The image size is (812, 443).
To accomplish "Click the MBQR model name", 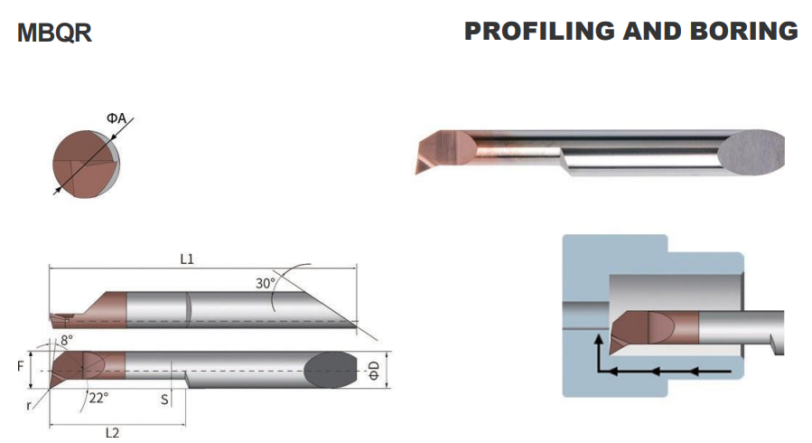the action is pyautogui.click(x=54, y=33).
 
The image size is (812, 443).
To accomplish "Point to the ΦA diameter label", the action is pyautogui.click(x=117, y=118).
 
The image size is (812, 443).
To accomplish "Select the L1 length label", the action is pyautogui.click(x=187, y=259).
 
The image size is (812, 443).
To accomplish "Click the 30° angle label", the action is pyautogui.click(x=266, y=283).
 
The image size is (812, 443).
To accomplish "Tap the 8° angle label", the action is pyautogui.click(x=67, y=341).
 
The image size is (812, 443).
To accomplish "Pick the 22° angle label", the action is pyautogui.click(x=98, y=398).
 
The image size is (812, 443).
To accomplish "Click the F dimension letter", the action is pyautogui.click(x=20, y=367).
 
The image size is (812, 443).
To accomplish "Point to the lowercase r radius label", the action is pyautogui.click(x=29, y=406).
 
